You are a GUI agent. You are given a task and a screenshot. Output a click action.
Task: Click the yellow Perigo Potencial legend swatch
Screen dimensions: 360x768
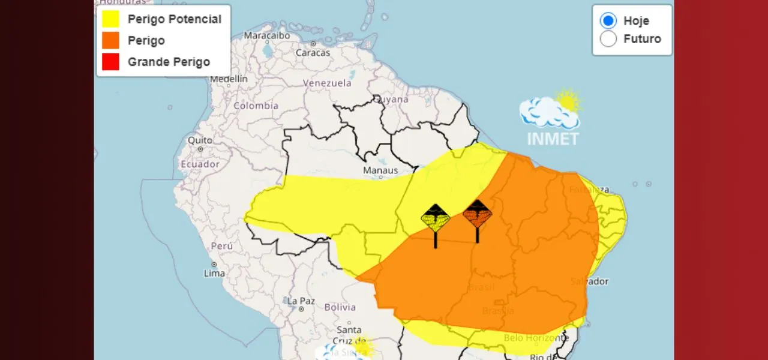click(110, 19)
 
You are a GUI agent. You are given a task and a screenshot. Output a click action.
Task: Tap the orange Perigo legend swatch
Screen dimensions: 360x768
click(110, 40)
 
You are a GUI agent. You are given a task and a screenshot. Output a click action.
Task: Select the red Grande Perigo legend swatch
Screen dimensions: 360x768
click(110, 62)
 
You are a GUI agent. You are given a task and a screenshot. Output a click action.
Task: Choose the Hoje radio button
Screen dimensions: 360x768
click(608, 21)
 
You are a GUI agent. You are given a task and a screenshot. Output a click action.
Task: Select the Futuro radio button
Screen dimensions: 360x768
click(608, 39)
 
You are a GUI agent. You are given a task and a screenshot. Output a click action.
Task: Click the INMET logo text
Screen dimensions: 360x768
click(553, 139)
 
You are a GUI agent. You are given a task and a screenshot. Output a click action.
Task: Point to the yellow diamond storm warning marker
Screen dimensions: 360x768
click(436, 218)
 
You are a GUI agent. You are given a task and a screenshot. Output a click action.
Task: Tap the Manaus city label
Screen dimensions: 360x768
click(380, 171)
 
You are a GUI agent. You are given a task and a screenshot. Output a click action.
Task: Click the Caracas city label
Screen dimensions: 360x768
click(313, 53)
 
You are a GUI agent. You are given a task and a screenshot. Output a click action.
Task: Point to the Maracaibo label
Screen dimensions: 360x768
click(267, 36)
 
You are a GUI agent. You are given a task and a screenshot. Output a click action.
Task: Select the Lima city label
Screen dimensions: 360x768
click(215, 274)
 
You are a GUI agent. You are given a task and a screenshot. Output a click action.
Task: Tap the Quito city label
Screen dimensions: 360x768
click(200, 140)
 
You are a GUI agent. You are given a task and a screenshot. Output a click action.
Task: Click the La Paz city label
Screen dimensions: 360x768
click(301, 301)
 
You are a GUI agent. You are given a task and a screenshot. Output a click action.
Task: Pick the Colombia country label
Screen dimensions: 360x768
click(256, 106)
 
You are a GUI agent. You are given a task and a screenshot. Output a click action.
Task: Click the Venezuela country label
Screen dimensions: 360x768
click(327, 83)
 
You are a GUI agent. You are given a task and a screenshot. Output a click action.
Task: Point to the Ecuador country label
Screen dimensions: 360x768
click(200, 163)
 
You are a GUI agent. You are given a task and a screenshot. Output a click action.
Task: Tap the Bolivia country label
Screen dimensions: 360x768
click(340, 308)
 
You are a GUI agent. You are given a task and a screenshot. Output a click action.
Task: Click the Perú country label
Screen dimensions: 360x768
click(221, 246)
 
